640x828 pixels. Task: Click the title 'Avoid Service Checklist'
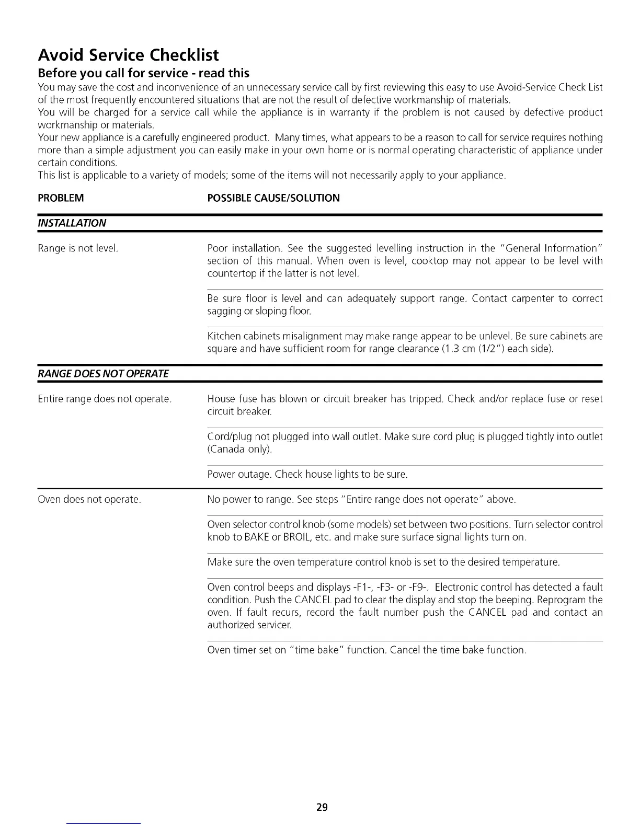click(x=128, y=55)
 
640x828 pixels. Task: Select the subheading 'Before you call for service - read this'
click(x=143, y=73)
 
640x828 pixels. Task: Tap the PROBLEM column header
click(x=61, y=198)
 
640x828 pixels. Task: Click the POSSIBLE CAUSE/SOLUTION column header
click(x=273, y=198)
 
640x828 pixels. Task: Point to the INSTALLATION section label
click(x=72, y=223)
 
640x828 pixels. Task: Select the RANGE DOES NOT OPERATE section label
click(x=104, y=374)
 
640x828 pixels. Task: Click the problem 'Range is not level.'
click(x=78, y=248)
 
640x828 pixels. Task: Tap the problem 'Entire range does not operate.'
click(x=105, y=399)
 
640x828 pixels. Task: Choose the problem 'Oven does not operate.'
click(x=89, y=500)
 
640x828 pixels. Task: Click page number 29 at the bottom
click(x=322, y=807)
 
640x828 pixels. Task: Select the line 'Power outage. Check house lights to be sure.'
click(x=307, y=475)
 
